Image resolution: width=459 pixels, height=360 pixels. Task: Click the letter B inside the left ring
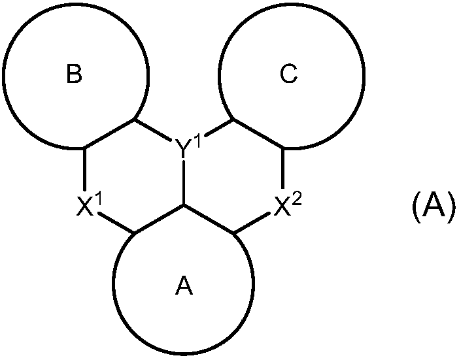tap(75, 75)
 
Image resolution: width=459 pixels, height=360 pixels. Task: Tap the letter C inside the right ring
tap(288, 75)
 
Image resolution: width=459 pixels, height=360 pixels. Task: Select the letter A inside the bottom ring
tap(185, 286)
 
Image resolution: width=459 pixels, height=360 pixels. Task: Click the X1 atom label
tap(90, 207)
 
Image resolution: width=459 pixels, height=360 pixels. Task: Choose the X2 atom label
tap(286, 207)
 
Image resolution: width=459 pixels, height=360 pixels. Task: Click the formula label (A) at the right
tap(432, 208)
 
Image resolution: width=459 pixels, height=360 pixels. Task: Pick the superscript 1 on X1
tap(100, 201)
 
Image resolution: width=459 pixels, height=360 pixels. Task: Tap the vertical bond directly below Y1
tap(184, 183)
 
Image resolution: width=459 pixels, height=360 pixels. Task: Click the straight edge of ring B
tap(110, 134)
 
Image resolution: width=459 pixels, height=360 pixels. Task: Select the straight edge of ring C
tap(258, 134)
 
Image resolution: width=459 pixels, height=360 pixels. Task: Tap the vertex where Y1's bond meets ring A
tap(184, 205)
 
